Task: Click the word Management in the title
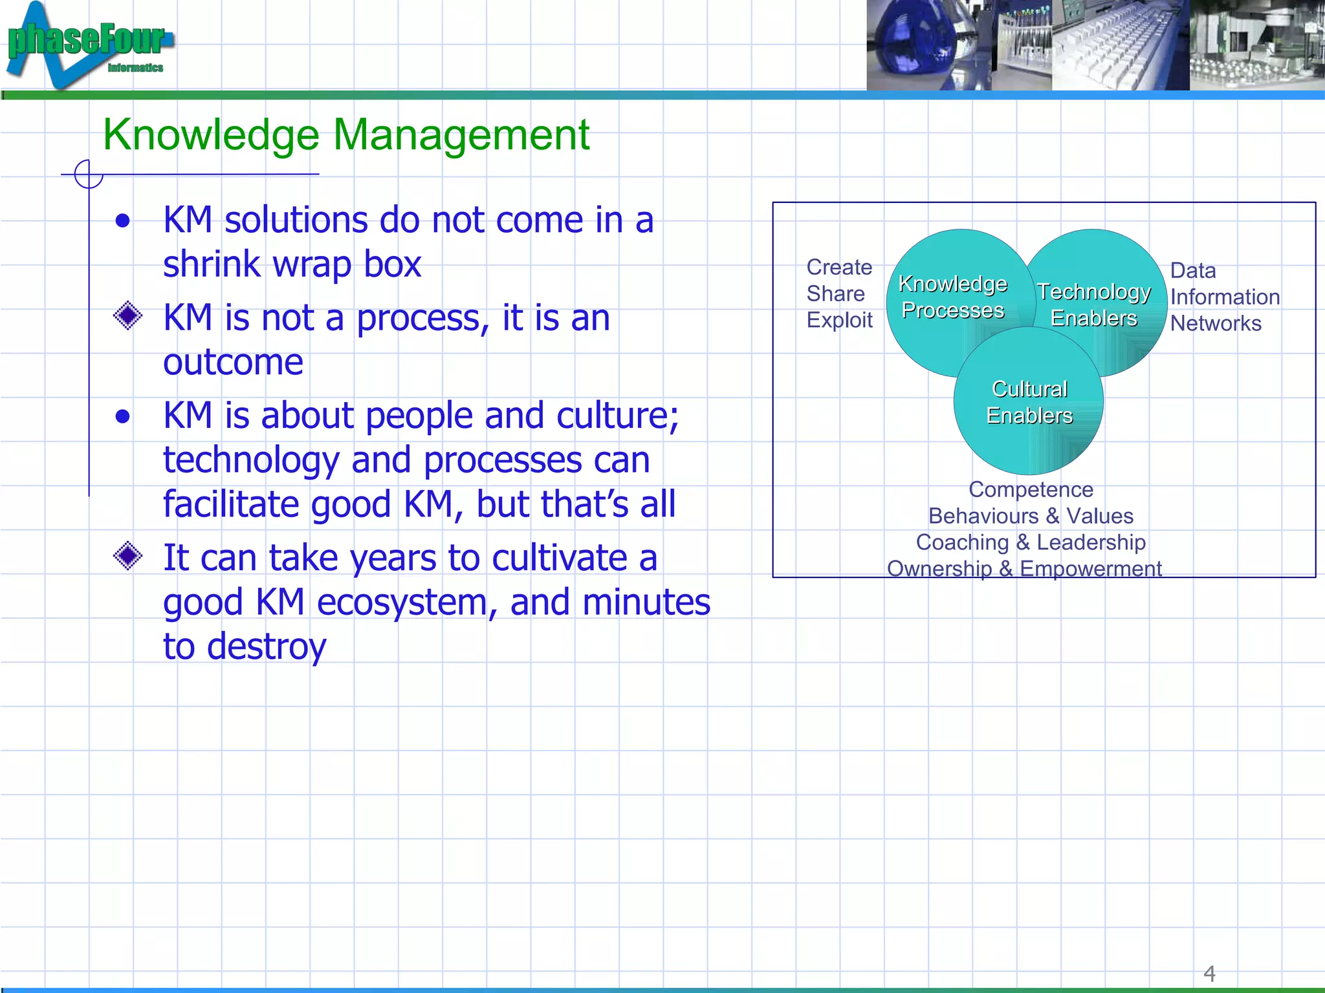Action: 461,135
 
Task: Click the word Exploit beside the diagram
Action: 839,320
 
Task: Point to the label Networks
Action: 1216,323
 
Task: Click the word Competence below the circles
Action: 1031,489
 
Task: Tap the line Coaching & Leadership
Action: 1031,542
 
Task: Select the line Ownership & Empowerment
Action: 1024,568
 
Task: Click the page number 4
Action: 1209,973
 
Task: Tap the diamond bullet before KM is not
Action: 127,315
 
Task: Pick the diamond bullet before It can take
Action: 127,555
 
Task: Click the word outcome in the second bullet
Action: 233,362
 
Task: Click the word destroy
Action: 266,646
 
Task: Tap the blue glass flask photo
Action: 919,45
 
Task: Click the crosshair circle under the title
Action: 89,175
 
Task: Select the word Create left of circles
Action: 839,267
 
